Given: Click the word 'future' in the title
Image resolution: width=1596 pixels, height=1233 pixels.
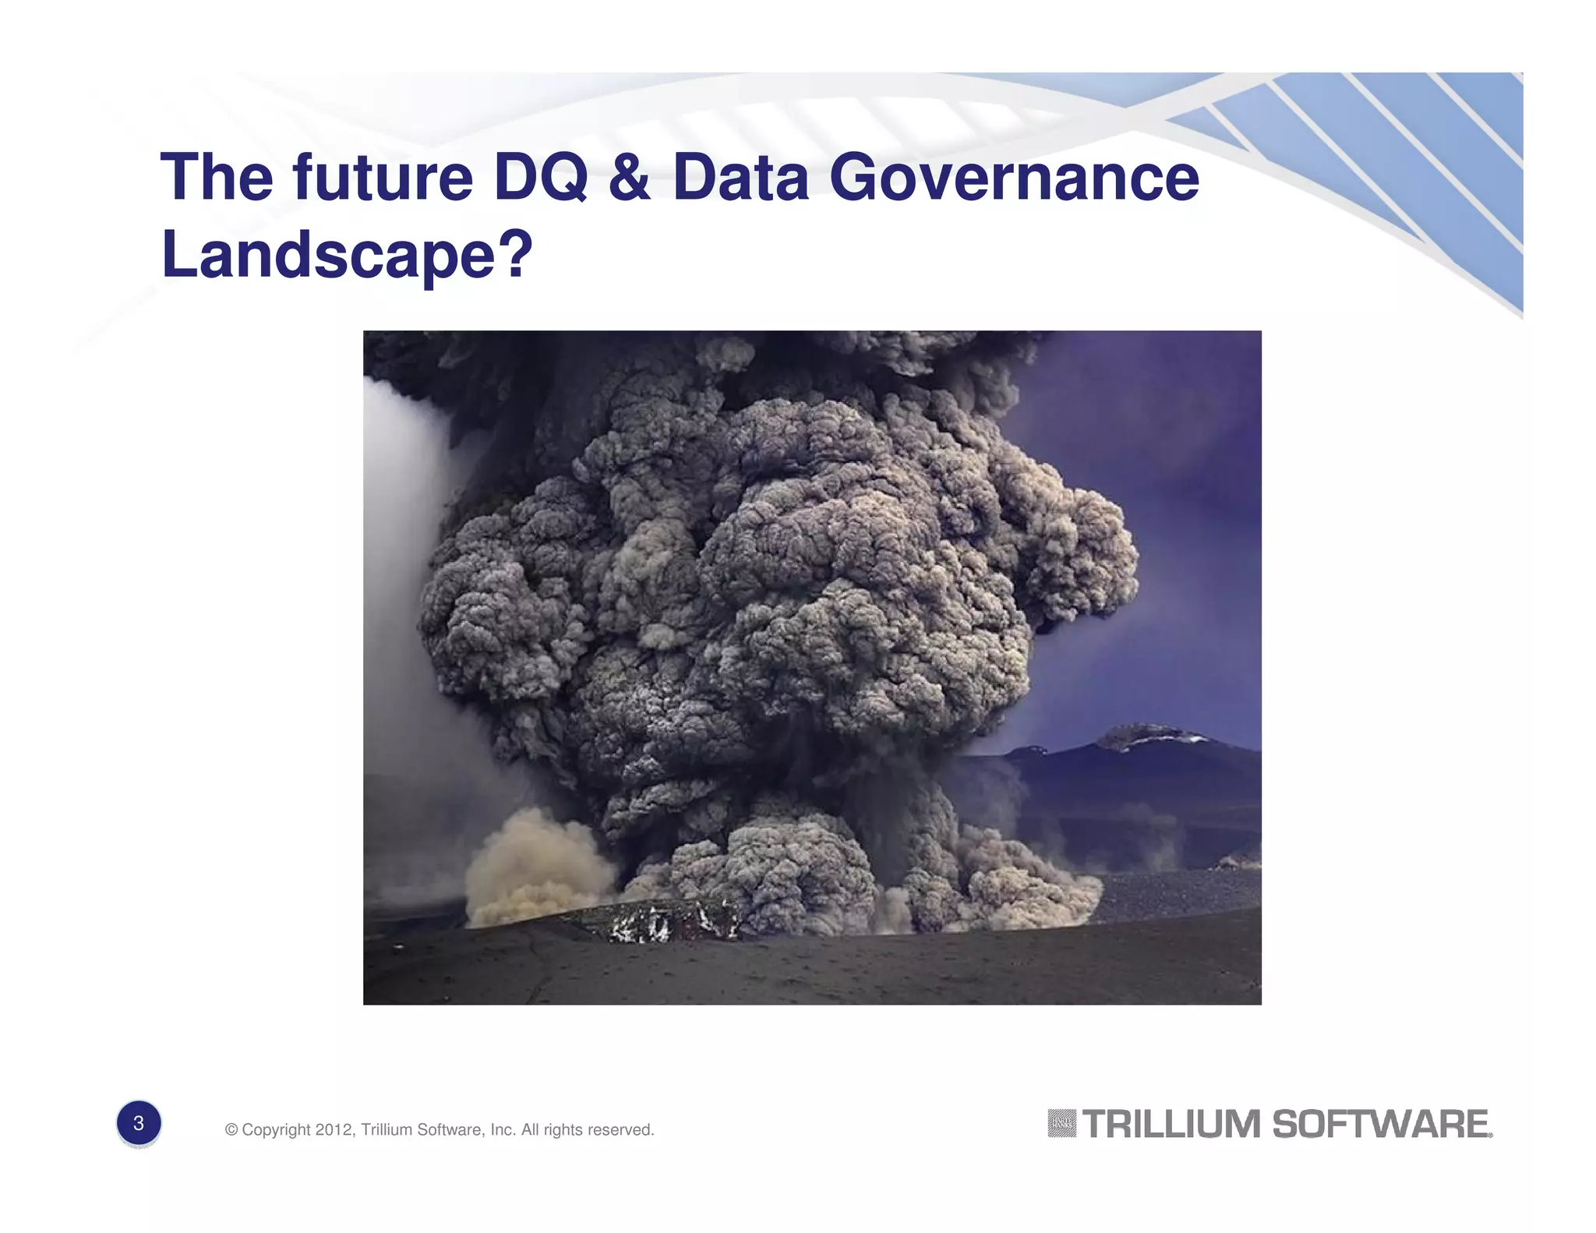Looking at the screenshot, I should [x=383, y=178].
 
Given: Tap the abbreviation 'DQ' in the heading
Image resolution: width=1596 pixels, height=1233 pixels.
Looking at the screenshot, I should [x=540, y=178].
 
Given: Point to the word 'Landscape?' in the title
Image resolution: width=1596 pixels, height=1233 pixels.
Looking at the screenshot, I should [x=347, y=254].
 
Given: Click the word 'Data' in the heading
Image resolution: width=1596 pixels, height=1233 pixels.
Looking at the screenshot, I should [x=740, y=178].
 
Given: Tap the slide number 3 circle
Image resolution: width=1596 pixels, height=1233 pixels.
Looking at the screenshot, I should [x=139, y=1123].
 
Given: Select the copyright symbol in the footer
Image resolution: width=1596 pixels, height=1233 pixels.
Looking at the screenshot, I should [x=231, y=1129].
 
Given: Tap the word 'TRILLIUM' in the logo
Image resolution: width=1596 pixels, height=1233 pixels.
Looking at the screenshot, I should [x=1171, y=1124].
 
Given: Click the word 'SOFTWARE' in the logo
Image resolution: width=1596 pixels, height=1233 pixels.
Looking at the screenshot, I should [x=1380, y=1124].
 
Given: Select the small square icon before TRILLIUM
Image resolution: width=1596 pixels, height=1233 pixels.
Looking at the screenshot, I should [x=1061, y=1123].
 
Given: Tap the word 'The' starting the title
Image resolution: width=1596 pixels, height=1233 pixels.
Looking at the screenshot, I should [x=217, y=178].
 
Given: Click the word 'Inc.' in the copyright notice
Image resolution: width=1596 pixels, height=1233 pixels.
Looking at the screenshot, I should [x=503, y=1129].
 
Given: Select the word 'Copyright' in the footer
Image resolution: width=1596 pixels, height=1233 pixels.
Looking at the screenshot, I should [x=276, y=1129].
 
